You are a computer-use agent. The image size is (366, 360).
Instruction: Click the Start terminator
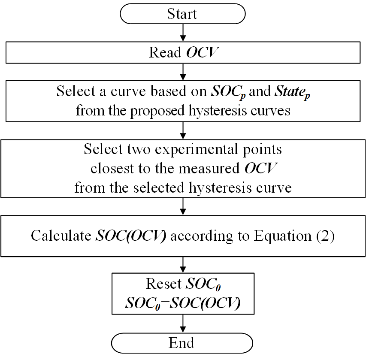click(x=182, y=14)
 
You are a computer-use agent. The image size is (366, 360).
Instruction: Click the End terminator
click(x=182, y=343)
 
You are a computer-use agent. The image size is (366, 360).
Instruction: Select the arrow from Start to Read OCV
click(x=183, y=33)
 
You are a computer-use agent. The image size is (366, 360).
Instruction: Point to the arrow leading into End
click(x=183, y=324)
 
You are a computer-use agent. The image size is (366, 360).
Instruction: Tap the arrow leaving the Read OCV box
click(x=183, y=72)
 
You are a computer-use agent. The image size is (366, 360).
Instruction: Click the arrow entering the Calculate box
click(x=183, y=207)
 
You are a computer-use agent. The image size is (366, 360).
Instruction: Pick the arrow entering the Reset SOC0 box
click(x=183, y=265)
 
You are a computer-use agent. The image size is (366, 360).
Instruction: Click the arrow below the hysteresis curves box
click(x=183, y=130)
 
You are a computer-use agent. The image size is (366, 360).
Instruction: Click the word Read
click(x=165, y=52)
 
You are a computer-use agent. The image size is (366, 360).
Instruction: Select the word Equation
click(x=283, y=236)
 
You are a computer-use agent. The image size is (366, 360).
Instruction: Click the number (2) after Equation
click(x=325, y=236)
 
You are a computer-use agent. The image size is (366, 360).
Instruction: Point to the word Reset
click(x=163, y=284)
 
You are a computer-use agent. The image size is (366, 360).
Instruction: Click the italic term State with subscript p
click(x=292, y=92)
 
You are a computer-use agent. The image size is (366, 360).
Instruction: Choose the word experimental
click(x=197, y=150)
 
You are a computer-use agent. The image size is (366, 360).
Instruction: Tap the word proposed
click(x=157, y=111)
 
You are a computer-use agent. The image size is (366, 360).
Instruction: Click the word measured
click(x=209, y=168)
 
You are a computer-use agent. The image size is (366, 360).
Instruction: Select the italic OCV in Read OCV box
click(x=202, y=52)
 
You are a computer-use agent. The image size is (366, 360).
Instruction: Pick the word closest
click(x=112, y=168)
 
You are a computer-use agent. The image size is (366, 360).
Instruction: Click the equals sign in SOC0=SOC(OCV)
click(x=165, y=303)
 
